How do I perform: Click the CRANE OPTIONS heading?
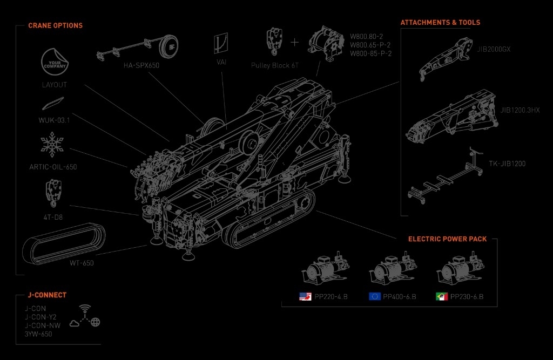pyautogui.click(x=55, y=25)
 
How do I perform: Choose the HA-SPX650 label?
pyautogui.click(x=141, y=65)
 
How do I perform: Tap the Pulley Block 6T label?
pyautogui.click(x=275, y=65)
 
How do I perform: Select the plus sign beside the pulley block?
pyautogui.click(x=294, y=42)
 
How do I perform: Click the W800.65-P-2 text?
pyautogui.click(x=371, y=45)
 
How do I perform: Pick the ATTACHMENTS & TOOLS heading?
pyautogui.click(x=440, y=23)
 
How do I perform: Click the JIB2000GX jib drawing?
pyautogui.click(x=446, y=60)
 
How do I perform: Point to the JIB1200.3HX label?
pyautogui.click(x=520, y=110)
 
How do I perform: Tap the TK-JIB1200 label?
pyautogui.click(x=507, y=164)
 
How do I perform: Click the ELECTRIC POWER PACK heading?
pyautogui.click(x=447, y=239)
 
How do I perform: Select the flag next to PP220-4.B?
pyautogui.click(x=305, y=296)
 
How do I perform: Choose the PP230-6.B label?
pyautogui.click(x=467, y=297)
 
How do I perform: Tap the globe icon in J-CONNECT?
pyautogui.click(x=96, y=322)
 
